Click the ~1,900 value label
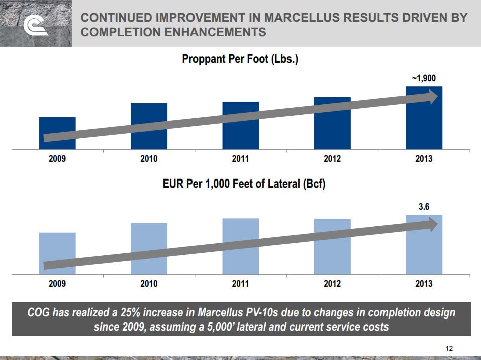pos(424,78)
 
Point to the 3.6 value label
pos(424,206)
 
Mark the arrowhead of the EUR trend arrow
pos(433,225)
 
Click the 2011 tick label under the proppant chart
pos(241,159)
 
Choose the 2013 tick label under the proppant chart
pos(424,159)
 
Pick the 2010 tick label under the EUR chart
pos(149,284)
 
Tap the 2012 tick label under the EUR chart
pos(332,284)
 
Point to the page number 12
pos(449,349)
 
